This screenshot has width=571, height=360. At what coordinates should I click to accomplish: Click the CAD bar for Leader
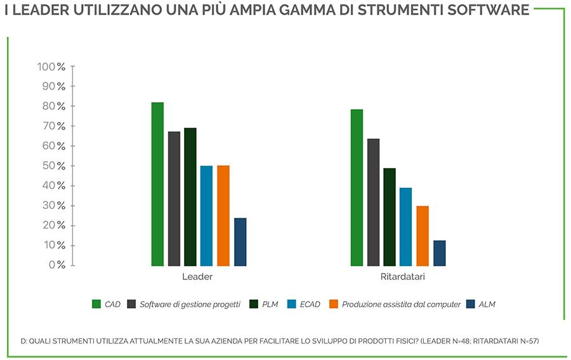click(157, 184)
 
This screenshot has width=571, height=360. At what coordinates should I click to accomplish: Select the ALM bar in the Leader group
click(240, 242)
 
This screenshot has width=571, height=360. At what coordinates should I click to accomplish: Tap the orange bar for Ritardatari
click(423, 236)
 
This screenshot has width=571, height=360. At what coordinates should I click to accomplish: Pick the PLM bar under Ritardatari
click(390, 217)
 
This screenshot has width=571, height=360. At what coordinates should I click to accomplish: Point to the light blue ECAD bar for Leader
click(206, 216)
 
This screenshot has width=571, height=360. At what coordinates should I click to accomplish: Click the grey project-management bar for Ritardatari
click(373, 202)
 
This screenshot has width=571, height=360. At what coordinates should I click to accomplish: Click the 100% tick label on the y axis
click(51, 67)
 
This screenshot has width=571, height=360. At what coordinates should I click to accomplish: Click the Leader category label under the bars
click(197, 277)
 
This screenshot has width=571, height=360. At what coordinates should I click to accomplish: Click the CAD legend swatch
click(96, 304)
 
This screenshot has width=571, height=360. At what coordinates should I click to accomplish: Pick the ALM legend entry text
click(487, 304)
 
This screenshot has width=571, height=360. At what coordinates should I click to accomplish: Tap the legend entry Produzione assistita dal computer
click(401, 304)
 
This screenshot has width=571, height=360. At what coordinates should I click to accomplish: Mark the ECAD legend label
click(310, 304)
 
